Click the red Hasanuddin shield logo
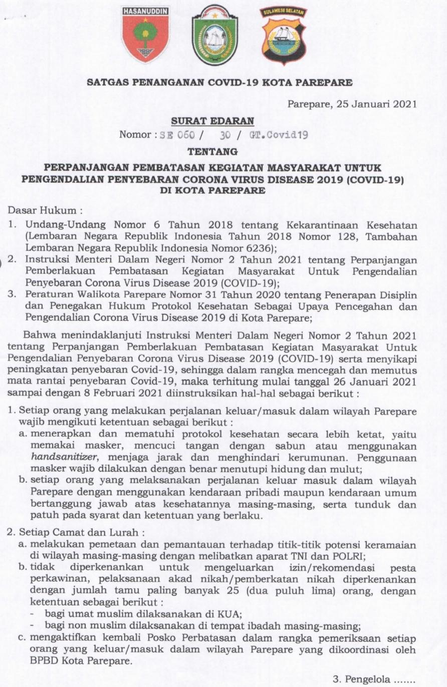(x=145, y=36)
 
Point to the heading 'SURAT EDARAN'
(x=212, y=121)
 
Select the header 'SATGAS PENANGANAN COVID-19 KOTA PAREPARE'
(x=219, y=82)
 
